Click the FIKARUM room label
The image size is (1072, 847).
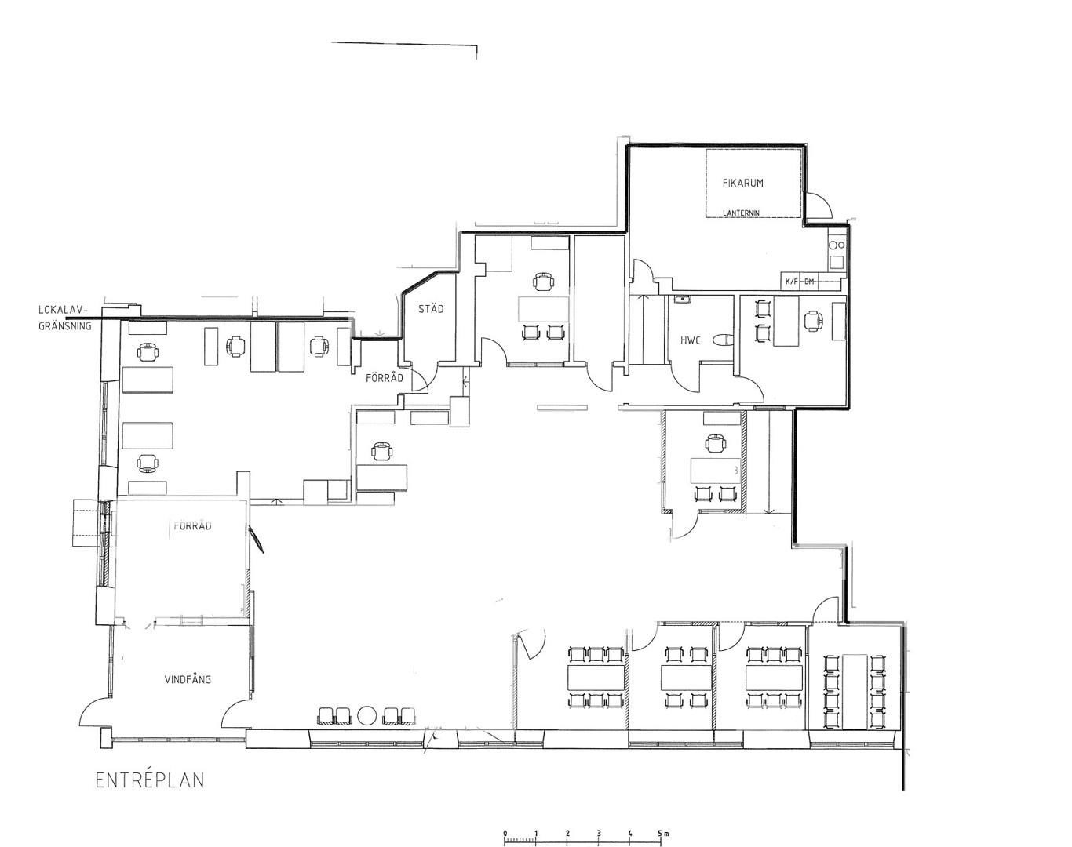[x=742, y=183]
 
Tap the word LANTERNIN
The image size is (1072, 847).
[x=741, y=213]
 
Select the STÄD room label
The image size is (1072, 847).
[x=431, y=309]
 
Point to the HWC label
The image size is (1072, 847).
[x=691, y=340]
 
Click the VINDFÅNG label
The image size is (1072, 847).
[x=188, y=679]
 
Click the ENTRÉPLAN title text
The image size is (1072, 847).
[x=150, y=780]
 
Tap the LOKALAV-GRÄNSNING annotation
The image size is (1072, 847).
[x=65, y=318]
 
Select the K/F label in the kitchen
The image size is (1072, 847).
[x=792, y=282]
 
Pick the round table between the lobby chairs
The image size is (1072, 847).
[x=368, y=715]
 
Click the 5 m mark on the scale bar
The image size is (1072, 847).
[x=661, y=820]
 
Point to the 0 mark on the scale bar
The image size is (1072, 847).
[x=505, y=820]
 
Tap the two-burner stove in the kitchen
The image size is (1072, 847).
[x=837, y=245]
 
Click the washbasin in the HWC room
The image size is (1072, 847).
[x=680, y=300]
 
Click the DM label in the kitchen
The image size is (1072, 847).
[x=809, y=282]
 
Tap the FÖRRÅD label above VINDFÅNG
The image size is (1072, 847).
[x=192, y=525]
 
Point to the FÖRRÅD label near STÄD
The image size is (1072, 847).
[x=384, y=379]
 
